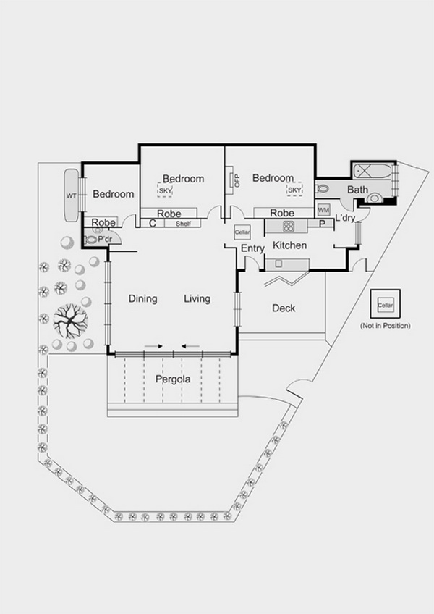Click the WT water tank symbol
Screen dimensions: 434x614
tap(72, 195)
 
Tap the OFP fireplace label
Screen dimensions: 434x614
tap(237, 180)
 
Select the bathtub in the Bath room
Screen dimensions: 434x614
tap(373, 171)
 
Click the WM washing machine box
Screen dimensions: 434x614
tap(323, 210)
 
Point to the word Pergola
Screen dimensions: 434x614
tap(173, 379)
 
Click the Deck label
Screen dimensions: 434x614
tap(284, 308)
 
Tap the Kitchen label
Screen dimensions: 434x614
tap(289, 245)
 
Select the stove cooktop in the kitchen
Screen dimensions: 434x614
tap(289, 226)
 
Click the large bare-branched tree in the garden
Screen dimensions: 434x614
tap(70, 321)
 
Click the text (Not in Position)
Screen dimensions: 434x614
tap(386, 326)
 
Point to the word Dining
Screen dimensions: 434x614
tap(142, 299)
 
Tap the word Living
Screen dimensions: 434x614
tap(197, 299)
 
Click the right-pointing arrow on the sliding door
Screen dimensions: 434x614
tap(154, 346)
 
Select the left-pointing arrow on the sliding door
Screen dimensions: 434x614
tap(190, 346)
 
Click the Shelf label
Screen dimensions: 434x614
tap(183, 224)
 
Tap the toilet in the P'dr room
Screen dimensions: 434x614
tap(91, 239)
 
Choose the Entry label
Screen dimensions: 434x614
tap(252, 248)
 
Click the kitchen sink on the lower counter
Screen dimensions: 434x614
tap(278, 264)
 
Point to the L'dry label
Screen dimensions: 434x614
tap(345, 219)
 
